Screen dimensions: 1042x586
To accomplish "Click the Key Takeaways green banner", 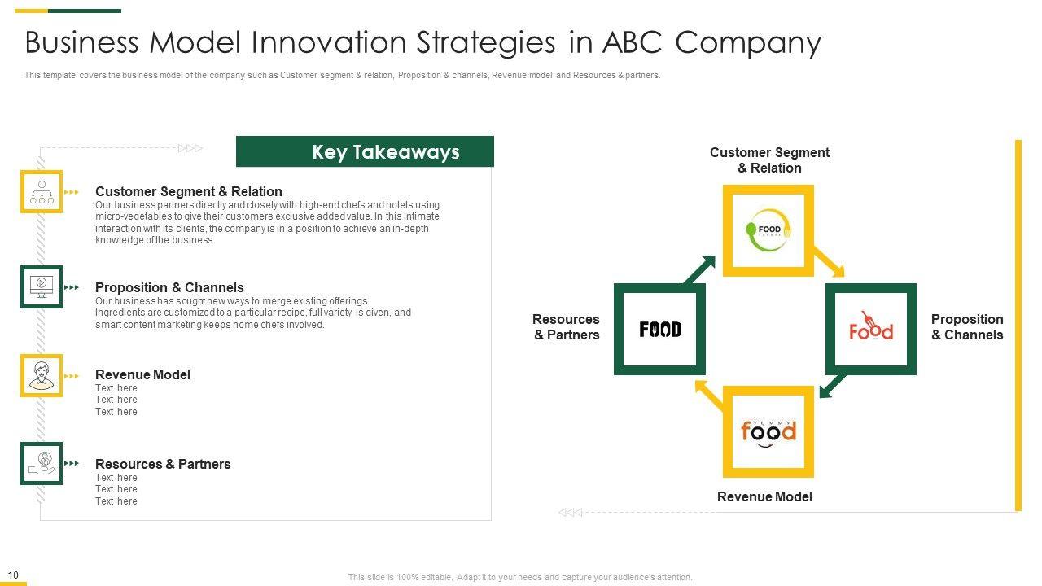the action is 365,151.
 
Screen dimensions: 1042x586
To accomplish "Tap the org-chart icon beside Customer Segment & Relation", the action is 42,191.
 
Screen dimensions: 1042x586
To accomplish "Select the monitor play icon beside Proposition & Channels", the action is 42,286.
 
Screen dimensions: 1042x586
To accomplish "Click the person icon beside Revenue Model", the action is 42,375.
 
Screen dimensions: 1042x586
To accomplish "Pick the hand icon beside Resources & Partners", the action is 42,463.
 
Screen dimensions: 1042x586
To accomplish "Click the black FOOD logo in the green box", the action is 660,330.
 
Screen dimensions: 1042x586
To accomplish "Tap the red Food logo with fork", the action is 871,326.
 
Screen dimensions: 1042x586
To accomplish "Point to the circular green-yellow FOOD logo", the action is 768,230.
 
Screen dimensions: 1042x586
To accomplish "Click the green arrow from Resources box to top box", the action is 699,269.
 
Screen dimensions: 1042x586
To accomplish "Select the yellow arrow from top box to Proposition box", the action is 829,262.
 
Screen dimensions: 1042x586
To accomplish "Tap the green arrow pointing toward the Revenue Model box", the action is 833,386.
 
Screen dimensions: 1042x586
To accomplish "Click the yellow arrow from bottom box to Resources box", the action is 709,396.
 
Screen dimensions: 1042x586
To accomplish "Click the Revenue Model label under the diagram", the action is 764,496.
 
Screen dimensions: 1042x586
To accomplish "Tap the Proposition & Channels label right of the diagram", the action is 967,327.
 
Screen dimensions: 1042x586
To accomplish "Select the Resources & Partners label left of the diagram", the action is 566,327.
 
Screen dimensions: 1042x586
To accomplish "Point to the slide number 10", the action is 13,575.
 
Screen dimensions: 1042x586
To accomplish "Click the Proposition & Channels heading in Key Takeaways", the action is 169,287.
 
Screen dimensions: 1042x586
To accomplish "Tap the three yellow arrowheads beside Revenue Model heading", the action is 71,376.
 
